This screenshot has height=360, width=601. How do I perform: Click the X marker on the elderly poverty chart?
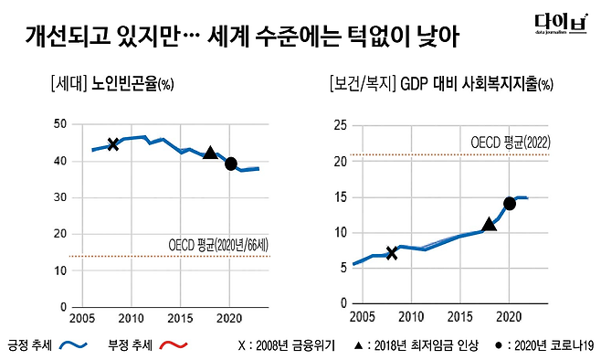113,143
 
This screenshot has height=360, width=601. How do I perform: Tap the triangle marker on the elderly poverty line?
210,154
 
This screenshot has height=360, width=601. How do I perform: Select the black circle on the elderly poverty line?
231,164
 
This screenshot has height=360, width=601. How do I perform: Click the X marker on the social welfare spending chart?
392,252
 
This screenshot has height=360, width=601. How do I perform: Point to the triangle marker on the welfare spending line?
489,223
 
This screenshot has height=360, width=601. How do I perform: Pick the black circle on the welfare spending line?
510,204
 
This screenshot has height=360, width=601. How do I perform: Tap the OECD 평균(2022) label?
511,143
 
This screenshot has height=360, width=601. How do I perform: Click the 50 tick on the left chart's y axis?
60,123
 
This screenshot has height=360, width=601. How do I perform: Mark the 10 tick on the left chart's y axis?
60,270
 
